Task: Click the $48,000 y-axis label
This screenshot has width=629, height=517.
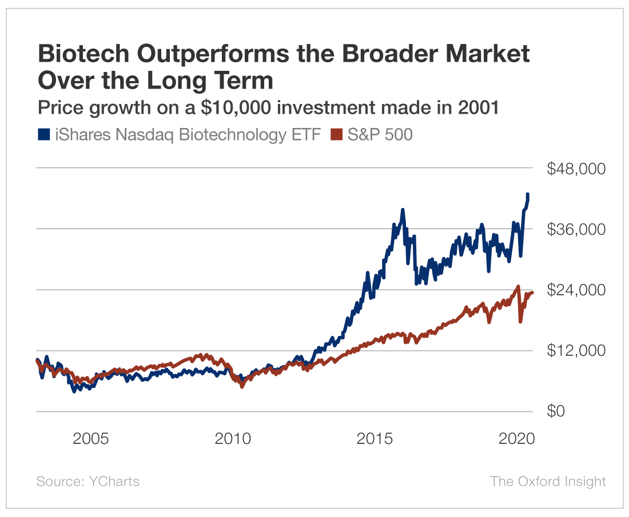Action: tap(576, 169)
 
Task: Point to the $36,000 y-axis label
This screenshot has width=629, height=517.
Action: tap(576, 230)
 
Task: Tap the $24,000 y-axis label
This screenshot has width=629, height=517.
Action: tap(576, 290)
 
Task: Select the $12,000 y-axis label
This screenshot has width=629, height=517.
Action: tap(576, 350)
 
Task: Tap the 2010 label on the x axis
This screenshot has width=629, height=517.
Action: tap(233, 439)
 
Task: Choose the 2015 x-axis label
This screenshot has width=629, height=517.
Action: tap(376, 439)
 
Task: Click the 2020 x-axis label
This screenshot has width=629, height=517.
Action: tap(517, 439)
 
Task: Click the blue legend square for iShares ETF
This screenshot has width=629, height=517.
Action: tap(43, 134)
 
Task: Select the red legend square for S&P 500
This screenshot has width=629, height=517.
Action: tap(337, 134)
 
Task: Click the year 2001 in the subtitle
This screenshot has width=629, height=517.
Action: tap(479, 107)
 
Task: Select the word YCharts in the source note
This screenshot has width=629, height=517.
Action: tap(114, 481)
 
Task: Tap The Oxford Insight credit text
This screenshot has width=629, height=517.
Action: tap(547, 481)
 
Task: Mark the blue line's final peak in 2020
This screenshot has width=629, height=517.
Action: tap(527, 195)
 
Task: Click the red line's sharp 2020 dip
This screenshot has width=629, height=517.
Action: tap(520, 322)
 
